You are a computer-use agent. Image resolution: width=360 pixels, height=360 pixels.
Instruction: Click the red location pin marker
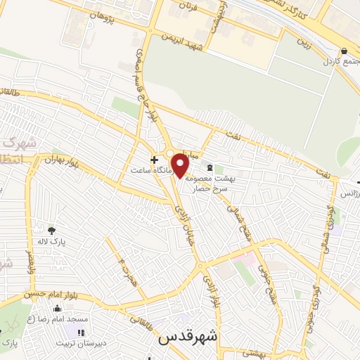[181, 166]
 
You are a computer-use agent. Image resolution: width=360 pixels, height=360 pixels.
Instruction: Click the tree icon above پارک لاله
[51, 230]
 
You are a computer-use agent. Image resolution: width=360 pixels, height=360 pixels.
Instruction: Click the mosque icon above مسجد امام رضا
[57, 307]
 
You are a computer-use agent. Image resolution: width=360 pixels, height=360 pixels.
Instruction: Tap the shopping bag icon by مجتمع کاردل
[344, 51]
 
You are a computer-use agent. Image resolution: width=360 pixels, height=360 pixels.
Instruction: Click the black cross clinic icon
[154, 159]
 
